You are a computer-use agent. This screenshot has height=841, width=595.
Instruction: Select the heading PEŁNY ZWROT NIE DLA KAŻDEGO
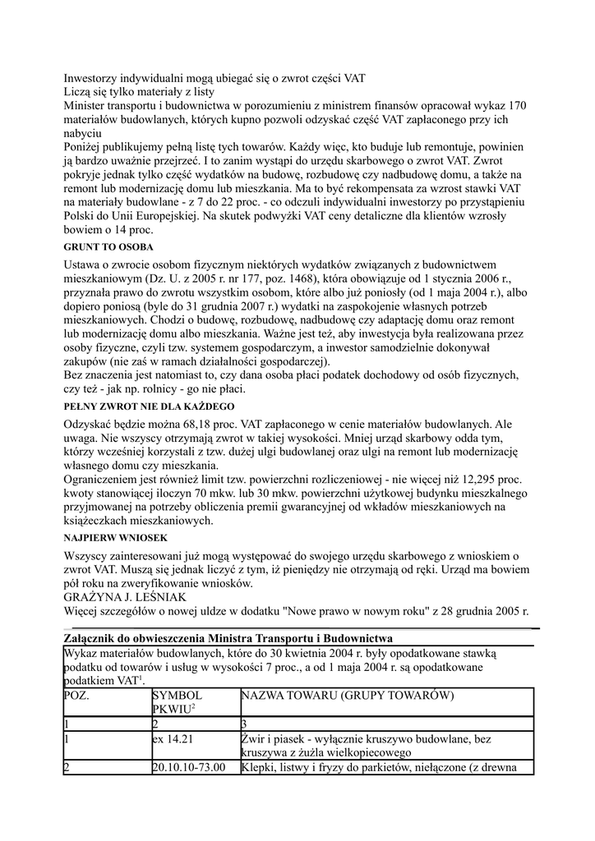pos(149,407)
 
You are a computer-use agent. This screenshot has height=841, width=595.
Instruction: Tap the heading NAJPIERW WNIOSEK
pos(115,537)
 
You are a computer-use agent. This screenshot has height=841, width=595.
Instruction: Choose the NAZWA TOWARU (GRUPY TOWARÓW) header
pos(348,696)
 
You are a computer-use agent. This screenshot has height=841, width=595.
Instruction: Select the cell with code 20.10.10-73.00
pos(191,768)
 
